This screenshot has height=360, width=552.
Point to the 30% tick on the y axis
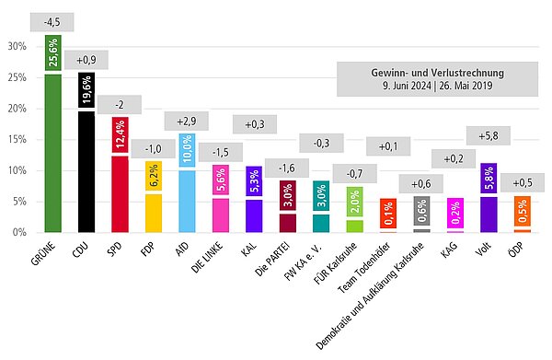[x=17, y=46]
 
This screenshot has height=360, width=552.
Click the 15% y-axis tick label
[x=17, y=139]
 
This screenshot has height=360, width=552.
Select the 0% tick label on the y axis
[x=19, y=232]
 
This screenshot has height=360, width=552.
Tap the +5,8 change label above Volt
[x=489, y=136]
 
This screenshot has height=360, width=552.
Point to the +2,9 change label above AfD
[x=187, y=120]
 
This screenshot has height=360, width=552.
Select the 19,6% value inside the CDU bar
[x=86, y=92]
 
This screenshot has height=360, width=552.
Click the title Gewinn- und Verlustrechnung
[x=431, y=72]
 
